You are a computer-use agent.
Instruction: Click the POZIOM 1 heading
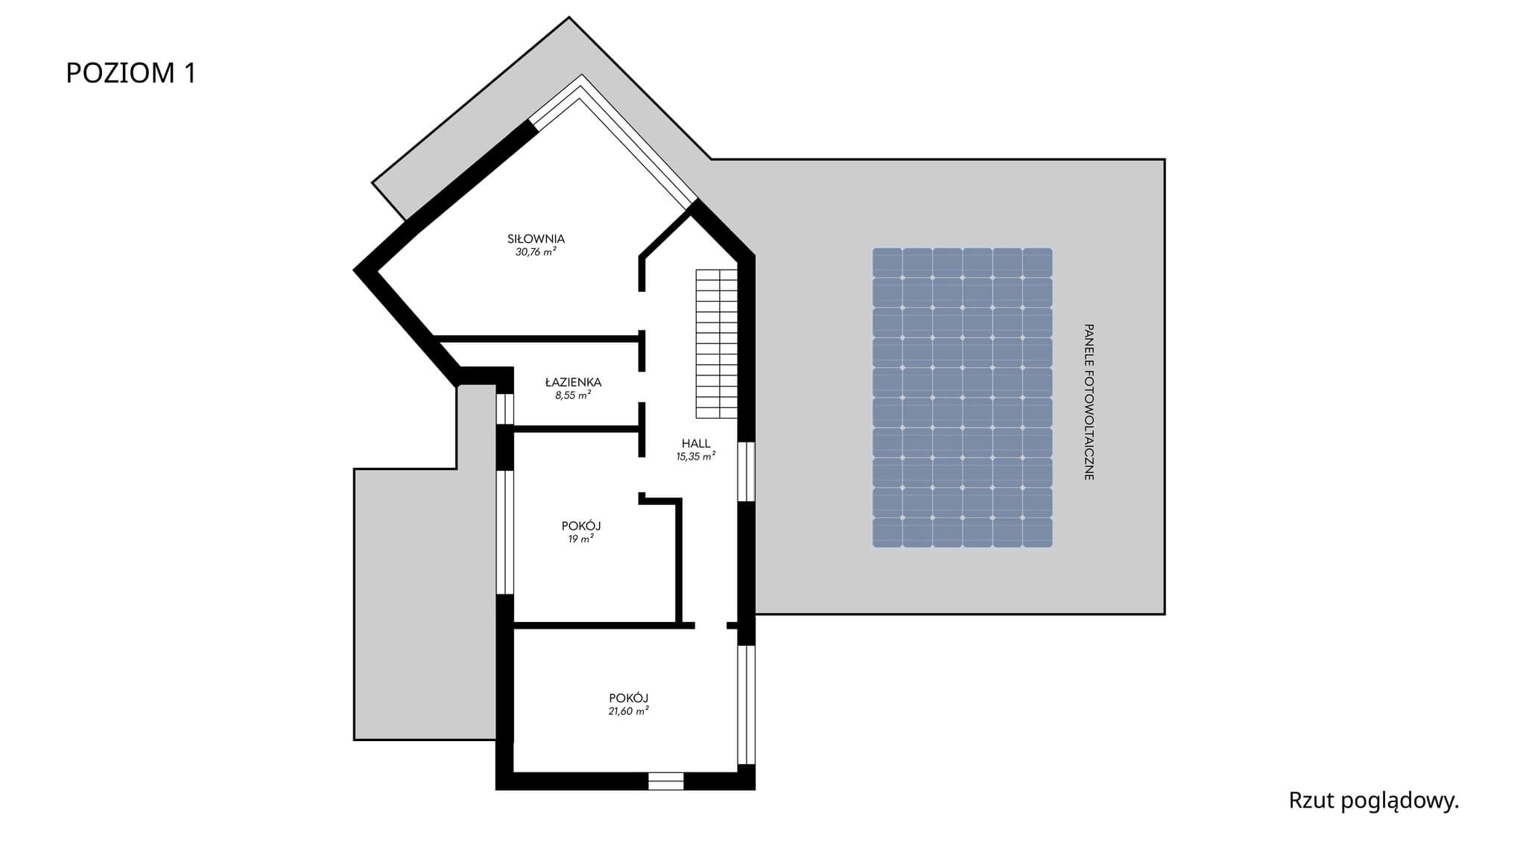(x=131, y=73)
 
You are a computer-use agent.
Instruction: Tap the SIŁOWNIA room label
(x=536, y=239)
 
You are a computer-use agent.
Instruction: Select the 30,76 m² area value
(x=536, y=252)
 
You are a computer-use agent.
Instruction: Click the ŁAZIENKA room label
(x=573, y=382)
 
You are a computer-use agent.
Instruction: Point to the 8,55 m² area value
(x=573, y=395)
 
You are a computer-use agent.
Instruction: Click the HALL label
(x=696, y=444)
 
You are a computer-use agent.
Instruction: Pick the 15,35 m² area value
(x=696, y=457)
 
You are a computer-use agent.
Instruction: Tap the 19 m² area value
(x=581, y=538)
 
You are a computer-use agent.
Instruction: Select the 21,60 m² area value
(x=628, y=711)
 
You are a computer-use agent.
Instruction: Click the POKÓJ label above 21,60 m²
(x=628, y=698)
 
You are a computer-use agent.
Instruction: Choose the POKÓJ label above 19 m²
(x=581, y=526)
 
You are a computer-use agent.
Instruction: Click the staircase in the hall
(x=717, y=343)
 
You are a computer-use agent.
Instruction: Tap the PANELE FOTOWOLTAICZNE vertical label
(x=1089, y=401)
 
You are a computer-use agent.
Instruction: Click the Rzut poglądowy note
(x=1374, y=801)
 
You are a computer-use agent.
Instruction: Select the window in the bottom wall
(x=665, y=781)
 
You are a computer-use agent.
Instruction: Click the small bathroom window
(x=505, y=409)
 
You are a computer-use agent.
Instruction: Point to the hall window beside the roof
(x=747, y=471)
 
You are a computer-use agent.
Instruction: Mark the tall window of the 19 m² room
(x=505, y=532)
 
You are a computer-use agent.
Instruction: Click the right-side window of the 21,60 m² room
(x=747, y=705)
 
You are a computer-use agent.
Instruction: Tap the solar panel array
(x=963, y=398)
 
